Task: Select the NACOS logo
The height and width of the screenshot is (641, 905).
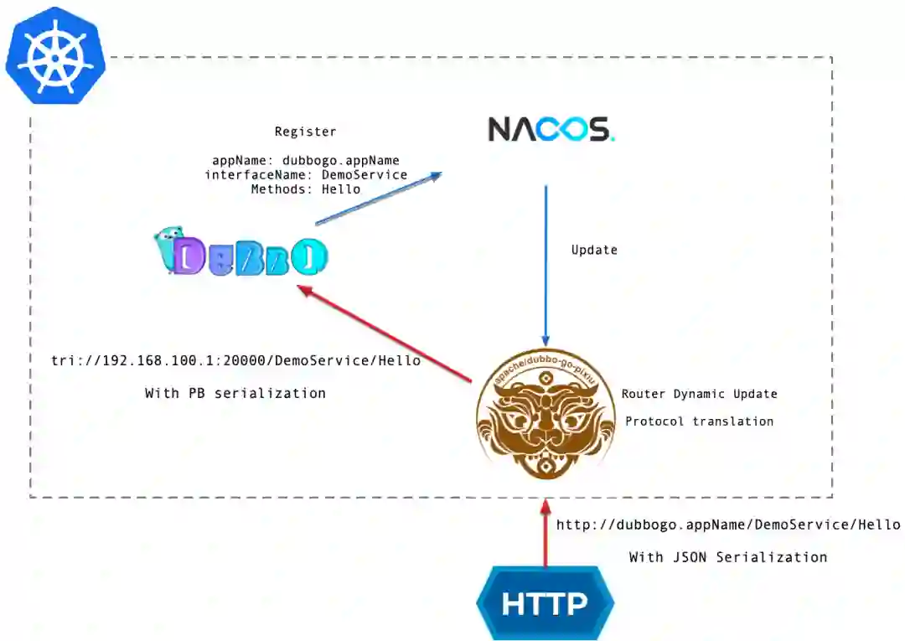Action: [x=551, y=129]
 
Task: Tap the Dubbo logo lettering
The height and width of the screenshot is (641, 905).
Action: [x=251, y=256]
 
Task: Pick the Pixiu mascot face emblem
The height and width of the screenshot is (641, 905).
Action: [x=546, y=415]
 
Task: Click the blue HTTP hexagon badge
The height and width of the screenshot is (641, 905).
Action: [x=545, y=603]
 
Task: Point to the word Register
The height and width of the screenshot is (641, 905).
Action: [x=306, y=132]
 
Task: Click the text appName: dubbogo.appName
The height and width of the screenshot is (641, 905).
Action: [x=306, y=160]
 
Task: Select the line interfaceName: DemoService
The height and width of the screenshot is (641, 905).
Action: [x=306, y=175]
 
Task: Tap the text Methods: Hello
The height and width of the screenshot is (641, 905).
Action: [x=306, y=189]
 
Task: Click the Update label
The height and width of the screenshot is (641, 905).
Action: [x=594, y=250]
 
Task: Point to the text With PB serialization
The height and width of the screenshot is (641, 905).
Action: [x=235, y=393]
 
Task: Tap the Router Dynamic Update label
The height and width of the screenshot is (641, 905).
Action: [x=700, y=394]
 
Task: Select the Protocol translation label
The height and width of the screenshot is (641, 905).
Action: [x=700, y=421]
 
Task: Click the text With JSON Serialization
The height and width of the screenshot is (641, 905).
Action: [x=728, y=557]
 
